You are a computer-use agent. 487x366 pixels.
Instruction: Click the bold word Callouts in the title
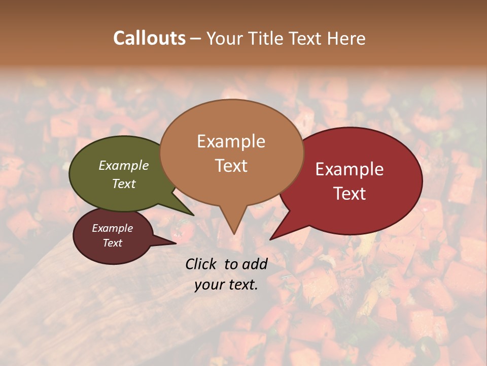149,38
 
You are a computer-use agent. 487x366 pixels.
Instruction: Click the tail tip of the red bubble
271,239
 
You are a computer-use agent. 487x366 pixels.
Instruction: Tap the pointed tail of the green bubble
193,215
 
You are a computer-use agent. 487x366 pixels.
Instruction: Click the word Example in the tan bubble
231,141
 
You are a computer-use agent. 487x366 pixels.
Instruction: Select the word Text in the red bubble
350,194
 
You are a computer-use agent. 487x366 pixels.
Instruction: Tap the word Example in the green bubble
124,165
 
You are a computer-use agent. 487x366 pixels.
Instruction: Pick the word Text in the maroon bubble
113,243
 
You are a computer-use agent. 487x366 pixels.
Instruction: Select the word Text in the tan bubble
231,166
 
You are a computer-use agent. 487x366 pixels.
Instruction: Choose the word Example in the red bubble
350,169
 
